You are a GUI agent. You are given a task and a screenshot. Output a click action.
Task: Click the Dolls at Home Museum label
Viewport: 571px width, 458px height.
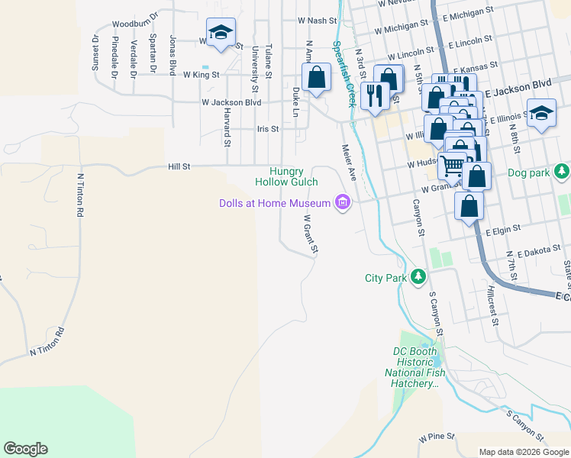(274, 202)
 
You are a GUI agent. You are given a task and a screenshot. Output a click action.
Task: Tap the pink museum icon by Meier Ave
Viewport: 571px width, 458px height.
(343, 202)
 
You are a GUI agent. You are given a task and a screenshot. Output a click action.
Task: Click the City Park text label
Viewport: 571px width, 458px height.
(386, 278)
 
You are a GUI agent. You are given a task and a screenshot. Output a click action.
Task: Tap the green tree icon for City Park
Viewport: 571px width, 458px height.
(418, 276)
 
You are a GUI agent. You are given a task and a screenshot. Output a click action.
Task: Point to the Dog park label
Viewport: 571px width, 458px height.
(528, 173)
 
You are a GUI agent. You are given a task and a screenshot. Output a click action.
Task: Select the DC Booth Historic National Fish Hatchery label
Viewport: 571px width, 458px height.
(413, 367)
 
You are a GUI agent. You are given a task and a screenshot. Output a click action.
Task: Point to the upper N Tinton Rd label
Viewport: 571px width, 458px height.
(80, 195)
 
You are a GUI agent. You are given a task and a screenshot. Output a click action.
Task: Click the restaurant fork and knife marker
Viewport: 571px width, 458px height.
(373, 95)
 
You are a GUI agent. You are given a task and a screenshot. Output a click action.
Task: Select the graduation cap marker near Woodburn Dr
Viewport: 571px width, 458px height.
(221, 32)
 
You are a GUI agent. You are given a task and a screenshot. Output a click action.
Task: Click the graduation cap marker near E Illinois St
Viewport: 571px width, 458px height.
(541, 113)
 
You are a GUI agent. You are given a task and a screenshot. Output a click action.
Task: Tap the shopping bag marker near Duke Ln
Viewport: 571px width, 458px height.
(316, 77)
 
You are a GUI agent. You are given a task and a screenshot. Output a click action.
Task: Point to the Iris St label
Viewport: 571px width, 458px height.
(268, 129)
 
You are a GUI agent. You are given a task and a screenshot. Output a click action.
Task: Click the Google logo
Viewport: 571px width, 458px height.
(25, 449)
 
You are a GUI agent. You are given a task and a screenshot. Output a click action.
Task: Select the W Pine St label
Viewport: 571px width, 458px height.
(436, 439)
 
